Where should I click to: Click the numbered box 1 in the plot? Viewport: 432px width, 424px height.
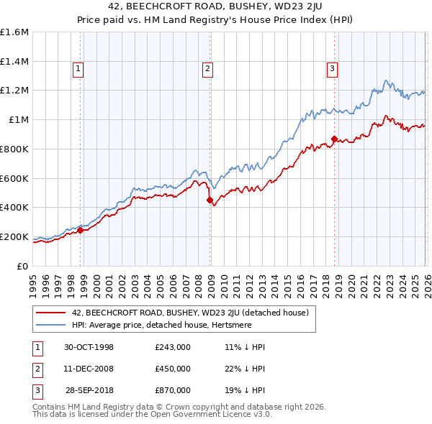78,69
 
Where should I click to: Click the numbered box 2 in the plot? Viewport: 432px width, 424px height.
207,69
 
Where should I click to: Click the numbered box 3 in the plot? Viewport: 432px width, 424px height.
332,69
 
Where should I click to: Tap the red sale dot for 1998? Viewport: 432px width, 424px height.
81,230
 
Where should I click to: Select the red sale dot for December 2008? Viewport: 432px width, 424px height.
210,201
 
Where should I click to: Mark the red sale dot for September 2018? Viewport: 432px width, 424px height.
334,139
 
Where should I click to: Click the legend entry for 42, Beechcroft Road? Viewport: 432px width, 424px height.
190,313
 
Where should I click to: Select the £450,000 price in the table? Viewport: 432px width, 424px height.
173,369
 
